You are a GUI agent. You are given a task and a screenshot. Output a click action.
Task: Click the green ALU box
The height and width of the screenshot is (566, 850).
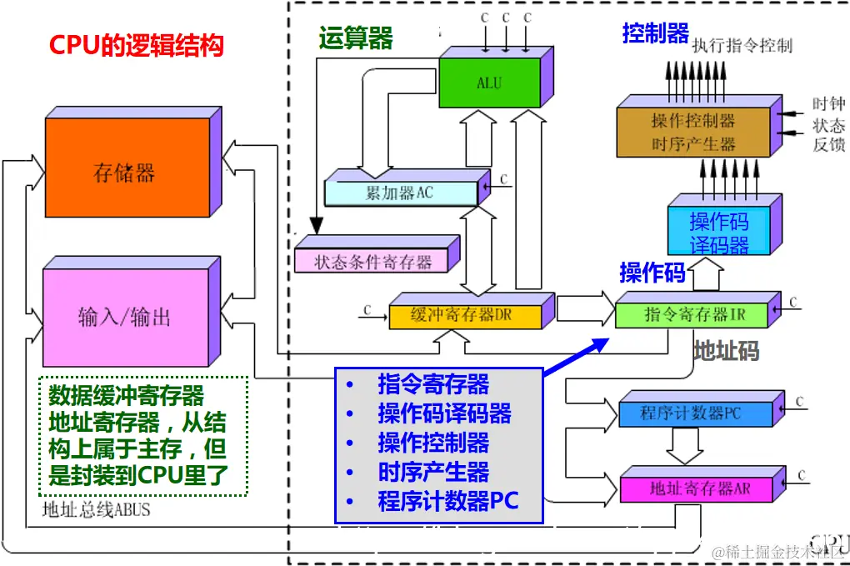tap(489, 83)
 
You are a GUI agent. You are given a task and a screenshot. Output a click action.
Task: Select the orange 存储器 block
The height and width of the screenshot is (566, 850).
tap(127, 173)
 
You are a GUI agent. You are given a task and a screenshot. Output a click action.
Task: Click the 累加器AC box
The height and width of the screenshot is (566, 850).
tap(400, 193)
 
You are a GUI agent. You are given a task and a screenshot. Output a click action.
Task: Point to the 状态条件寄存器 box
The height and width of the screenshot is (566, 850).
tap(372, 262)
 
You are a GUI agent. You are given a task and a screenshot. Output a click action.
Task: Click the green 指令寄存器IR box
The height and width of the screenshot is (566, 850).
tap(694, 314)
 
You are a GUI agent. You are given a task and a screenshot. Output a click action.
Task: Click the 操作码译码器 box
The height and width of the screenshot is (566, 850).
tap(719, 233)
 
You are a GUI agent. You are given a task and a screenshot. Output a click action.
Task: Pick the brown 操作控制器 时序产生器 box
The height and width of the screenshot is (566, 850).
tap(693, 132)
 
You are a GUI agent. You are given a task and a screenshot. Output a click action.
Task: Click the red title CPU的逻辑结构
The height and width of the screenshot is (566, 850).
tap(137, 45)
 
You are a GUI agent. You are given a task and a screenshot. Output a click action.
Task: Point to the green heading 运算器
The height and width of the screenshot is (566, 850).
tap(355, 38)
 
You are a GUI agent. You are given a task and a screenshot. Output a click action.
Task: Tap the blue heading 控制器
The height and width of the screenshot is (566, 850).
tap(655, 34)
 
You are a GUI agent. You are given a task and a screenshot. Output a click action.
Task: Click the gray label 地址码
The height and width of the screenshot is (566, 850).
tap(726, 351)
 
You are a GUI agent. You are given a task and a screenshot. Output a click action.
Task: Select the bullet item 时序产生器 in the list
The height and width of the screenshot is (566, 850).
tap(433, 472)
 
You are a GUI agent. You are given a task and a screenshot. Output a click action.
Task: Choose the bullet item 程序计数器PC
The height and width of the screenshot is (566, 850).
tap(447, 501)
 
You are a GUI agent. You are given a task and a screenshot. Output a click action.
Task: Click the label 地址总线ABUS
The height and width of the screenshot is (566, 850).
tap(96, 508)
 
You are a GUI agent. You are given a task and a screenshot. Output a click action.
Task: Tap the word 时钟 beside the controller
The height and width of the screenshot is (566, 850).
tap(828, 104)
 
